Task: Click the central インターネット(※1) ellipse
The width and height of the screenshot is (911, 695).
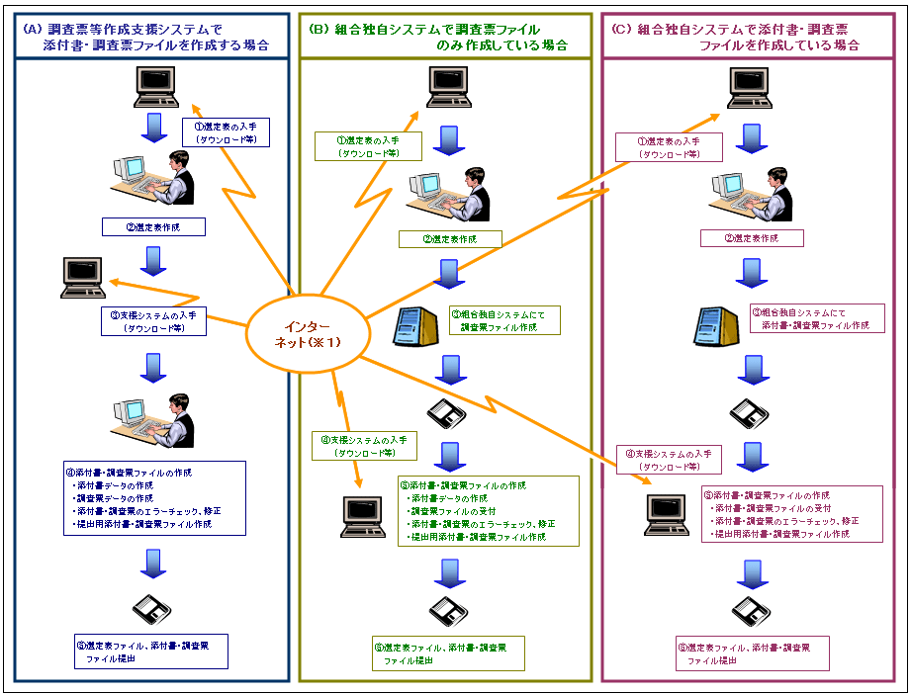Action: click(x=306, y=334)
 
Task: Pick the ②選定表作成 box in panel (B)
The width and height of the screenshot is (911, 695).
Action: click(x=450, y=239)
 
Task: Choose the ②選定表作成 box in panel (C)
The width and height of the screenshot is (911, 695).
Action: click(x=752, y=238)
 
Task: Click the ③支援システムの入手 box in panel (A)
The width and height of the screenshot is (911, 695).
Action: click(x=153, y=321)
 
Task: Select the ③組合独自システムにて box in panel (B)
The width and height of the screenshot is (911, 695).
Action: click(x=502, y=319)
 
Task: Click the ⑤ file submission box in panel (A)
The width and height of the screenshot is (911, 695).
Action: click(x=151, y=652)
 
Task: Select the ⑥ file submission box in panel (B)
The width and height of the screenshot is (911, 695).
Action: click(x=447, y=653)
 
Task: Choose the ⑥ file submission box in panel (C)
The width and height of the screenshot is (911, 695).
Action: click(x=752, y=653)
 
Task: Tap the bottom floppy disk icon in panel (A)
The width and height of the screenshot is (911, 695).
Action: click(x=152, y=606)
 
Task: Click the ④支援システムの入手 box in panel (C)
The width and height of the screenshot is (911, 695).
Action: click(x=669, y=459)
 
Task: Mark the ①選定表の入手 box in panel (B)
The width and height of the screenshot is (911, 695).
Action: click(x=367, y=146)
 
